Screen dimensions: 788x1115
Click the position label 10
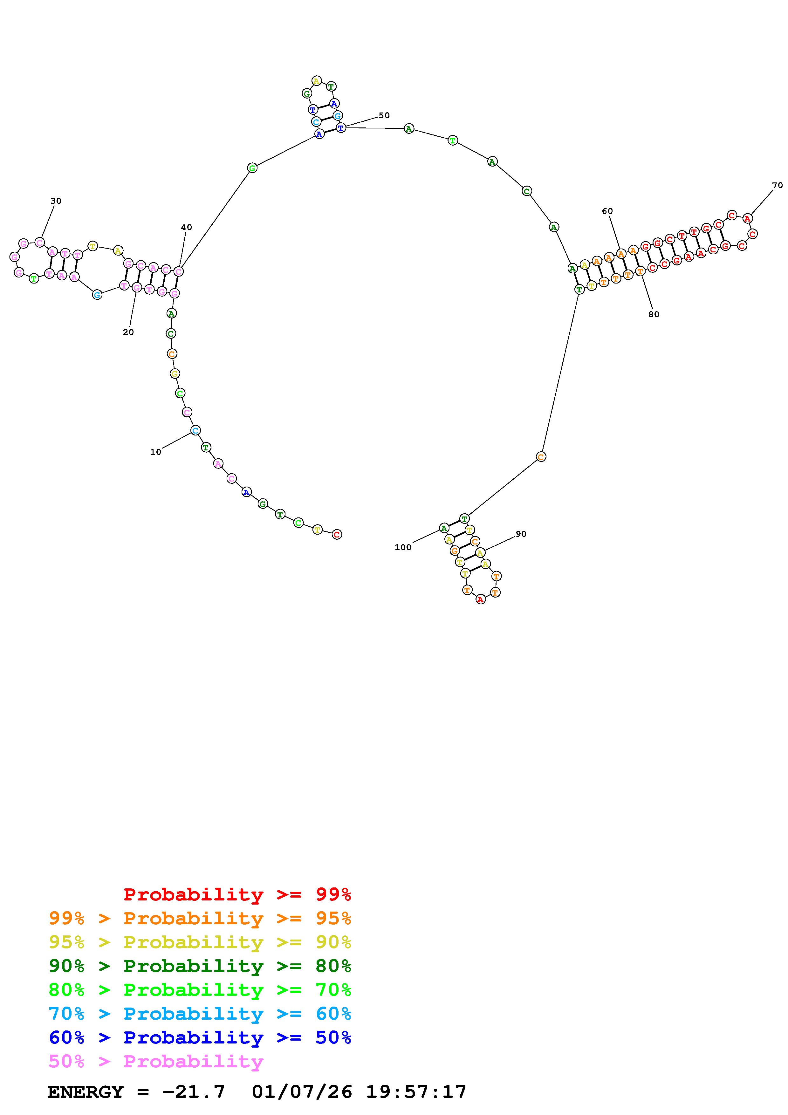pos(155,452)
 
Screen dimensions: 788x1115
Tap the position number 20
pos(128,332)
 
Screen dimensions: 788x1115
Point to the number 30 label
pos(56,201)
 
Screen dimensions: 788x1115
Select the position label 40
pos(187,227)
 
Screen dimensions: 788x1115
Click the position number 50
pos(384,116)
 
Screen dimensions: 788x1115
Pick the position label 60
pos(607,211)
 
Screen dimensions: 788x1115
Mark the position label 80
pos(654,314)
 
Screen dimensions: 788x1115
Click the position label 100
pos(403,547)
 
